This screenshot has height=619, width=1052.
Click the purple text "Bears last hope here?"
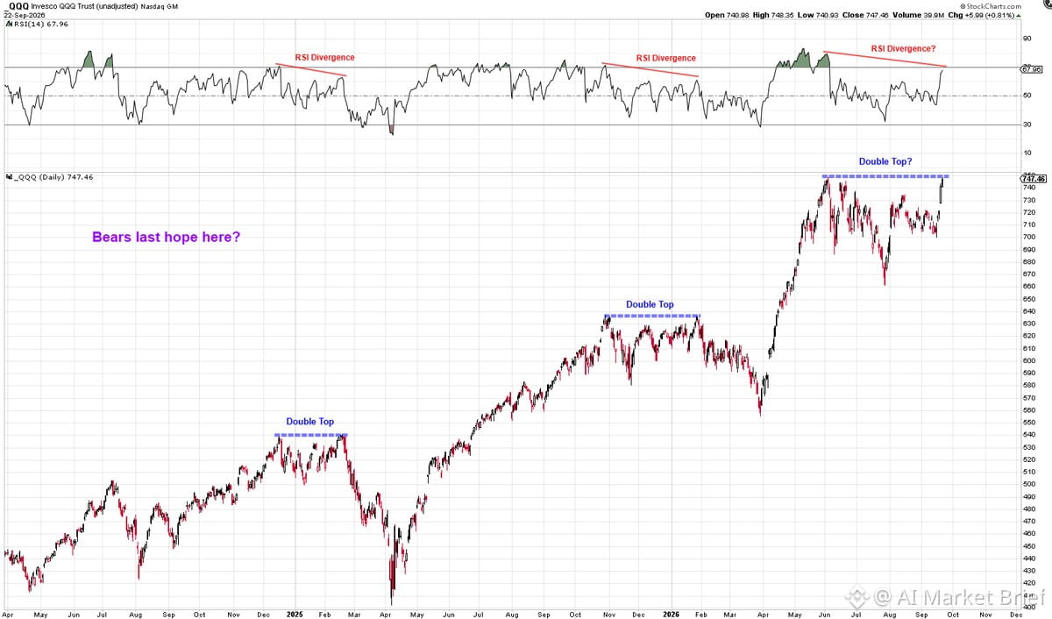(167, 237)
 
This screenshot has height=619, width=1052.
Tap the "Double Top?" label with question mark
(885, 161)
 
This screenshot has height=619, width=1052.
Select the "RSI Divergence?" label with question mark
(903, 49)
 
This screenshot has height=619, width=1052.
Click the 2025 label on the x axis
(295, 615)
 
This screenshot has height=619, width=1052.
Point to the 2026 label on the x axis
(671, 615)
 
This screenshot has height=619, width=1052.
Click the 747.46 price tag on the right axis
(1034, 179)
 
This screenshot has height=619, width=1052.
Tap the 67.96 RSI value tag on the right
(1031, 69)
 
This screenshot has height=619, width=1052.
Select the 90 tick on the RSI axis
(1027, 38)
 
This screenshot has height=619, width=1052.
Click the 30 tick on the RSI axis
(1027, 125)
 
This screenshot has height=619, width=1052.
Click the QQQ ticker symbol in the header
(18, 6)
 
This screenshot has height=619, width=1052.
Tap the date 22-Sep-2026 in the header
(25, 16)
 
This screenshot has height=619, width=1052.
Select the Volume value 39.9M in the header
(934, 15)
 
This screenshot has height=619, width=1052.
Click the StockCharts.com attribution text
(990, 6)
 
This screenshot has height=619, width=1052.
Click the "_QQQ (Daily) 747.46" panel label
(53, 177)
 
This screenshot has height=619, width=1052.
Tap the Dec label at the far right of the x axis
(1016, 615)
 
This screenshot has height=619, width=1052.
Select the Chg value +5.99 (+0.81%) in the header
(990, 15)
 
